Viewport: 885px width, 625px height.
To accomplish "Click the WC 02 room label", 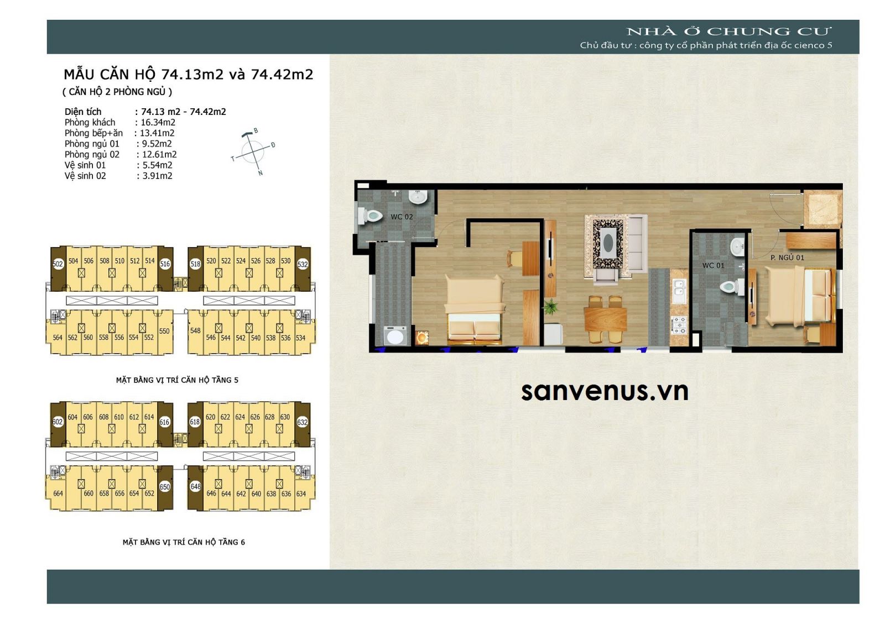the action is point(402,217).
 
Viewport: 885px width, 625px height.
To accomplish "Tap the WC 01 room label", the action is point(713,266).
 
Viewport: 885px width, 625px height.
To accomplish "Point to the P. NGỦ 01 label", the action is point(787,258).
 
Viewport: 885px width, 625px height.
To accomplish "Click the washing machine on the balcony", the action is point(395,335).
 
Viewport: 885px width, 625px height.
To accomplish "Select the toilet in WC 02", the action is point(371,217).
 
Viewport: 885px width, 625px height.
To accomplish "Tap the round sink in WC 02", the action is point(417,197).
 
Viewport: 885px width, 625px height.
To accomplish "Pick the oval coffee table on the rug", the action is point(609,243).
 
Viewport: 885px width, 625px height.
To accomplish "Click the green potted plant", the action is point(549,306).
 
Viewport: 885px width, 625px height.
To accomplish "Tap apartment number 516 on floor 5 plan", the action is point(165,264).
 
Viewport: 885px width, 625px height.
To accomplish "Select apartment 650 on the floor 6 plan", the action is point(165,487).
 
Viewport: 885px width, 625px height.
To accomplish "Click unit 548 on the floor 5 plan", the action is point(195,331).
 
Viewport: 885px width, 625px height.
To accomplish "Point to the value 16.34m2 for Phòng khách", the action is point(158,122).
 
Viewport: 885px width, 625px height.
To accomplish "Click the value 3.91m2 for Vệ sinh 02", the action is point(157,176).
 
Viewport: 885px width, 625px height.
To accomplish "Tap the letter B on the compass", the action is point(256,130).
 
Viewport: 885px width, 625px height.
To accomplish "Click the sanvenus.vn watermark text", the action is point(605,391).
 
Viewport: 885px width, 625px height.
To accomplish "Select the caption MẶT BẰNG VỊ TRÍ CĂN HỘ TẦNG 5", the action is point(177,380).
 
